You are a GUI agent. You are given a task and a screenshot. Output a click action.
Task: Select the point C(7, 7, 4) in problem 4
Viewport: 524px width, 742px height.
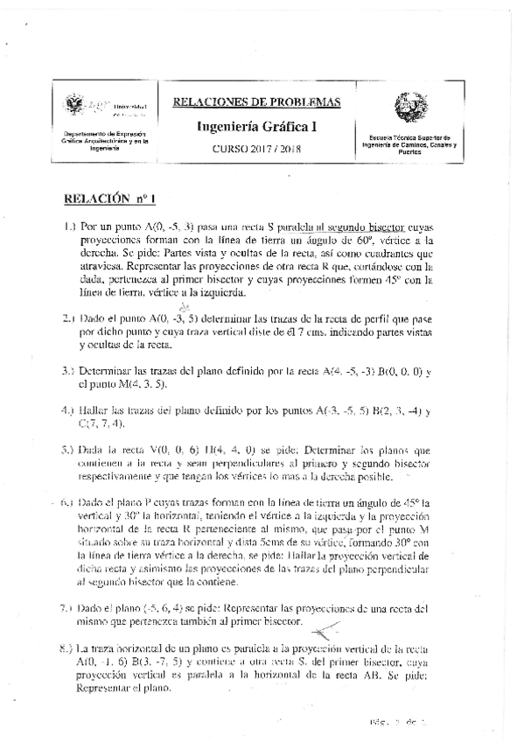coord(103,425)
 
